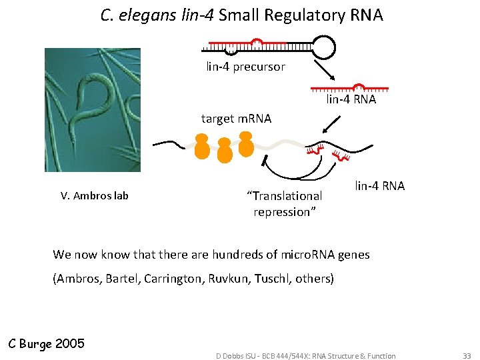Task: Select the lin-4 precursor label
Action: point(245,67)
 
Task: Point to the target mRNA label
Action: point(236,119)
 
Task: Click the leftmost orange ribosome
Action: point(202,147)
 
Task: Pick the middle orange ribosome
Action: point(225,150)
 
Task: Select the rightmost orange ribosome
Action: point(246,144)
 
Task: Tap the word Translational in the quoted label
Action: point(285,196)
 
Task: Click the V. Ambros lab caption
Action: point(95,195)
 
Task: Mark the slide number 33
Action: point(466,356)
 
